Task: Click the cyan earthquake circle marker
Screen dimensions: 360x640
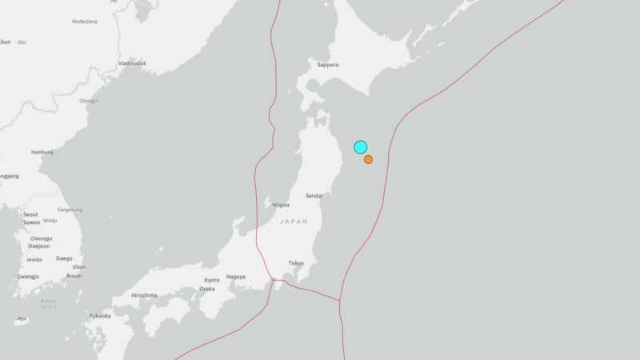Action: click(x=361, y=146)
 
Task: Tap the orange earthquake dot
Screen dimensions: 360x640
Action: click(x=368, y=160)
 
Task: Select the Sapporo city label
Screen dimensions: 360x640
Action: click(x=328, y=64)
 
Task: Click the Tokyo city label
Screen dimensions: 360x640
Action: click(x=296, y=263)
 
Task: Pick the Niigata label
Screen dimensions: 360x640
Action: click(x=280, y=205)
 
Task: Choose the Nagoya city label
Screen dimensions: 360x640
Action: click(x=235, y=276)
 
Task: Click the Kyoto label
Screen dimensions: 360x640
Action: click(x=212, y=280)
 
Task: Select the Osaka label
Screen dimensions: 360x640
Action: click(x=208, y=289)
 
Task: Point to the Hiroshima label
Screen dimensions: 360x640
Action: click(x=144, y=295)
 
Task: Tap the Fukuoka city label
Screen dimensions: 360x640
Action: click(x=100, y=316)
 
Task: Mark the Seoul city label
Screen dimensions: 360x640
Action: click(x=30, y=214)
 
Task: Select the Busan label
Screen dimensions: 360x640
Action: click(x=74, y=276)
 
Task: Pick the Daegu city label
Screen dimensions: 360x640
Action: click(x=64, y=258)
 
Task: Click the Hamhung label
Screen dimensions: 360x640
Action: click(x=42, y=152)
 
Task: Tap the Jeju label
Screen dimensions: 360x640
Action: click(x=21, y=318)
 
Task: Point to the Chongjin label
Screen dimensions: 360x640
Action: click(x=89, y=101)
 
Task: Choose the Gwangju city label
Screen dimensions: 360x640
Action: click(x=28, y=276)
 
